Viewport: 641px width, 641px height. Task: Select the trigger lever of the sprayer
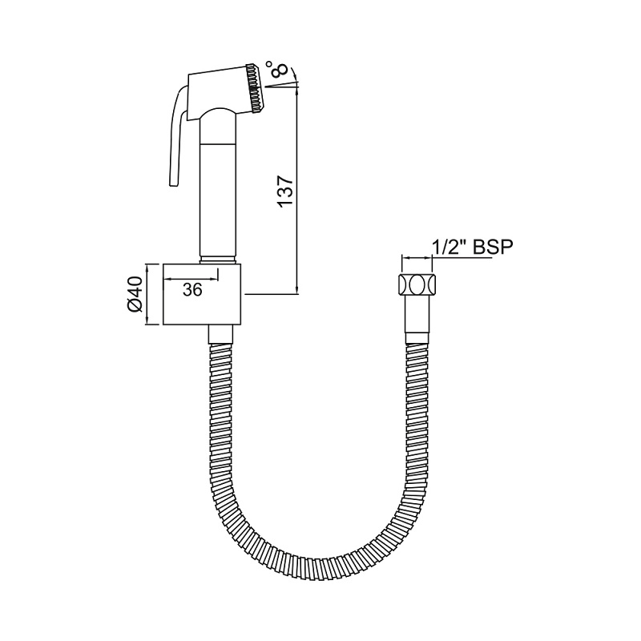tap(172, 136)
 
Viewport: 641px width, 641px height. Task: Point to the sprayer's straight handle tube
tap(217, 192)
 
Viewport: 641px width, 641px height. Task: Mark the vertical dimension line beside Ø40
tap(147, 294)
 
